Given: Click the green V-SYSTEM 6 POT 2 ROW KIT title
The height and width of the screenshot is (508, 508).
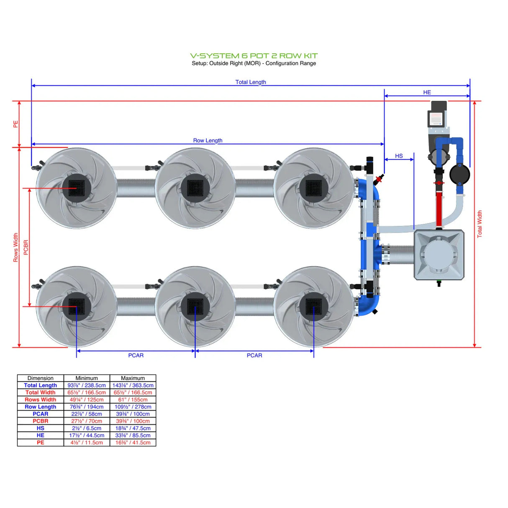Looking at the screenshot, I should click(254, 56).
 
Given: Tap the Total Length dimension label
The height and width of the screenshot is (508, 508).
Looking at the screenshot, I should click(250, 82).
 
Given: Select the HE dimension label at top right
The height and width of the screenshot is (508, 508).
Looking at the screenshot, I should click(426, 92).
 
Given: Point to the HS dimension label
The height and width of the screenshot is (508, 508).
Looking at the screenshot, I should click(399, 156).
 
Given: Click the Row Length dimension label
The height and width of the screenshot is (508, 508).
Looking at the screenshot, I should click(208, 140).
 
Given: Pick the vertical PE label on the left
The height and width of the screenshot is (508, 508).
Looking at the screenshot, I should click(15, 124).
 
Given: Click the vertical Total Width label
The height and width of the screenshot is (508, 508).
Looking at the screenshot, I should click(480, 224).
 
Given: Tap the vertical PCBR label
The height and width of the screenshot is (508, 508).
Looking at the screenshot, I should click(26, 247).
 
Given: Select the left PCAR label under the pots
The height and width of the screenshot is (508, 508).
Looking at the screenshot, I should click(136, 355).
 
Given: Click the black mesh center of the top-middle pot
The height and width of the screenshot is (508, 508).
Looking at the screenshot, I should click(195, 188).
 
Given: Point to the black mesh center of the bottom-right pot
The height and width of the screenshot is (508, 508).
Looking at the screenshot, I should click(313, 307).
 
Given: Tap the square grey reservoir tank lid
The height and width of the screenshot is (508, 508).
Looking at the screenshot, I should click(439, 254).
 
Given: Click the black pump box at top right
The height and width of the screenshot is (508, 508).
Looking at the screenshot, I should click(437, 114).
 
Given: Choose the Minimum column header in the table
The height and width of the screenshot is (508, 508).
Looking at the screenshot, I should click(87, 378).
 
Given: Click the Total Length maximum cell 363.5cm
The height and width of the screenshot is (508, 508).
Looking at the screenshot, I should click(133, 385).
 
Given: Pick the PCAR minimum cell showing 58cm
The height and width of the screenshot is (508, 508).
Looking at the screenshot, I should click(87, 414).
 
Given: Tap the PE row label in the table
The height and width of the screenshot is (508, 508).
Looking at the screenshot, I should click(41, 442).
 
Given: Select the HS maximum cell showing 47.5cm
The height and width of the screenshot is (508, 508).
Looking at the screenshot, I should click(133, 428).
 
